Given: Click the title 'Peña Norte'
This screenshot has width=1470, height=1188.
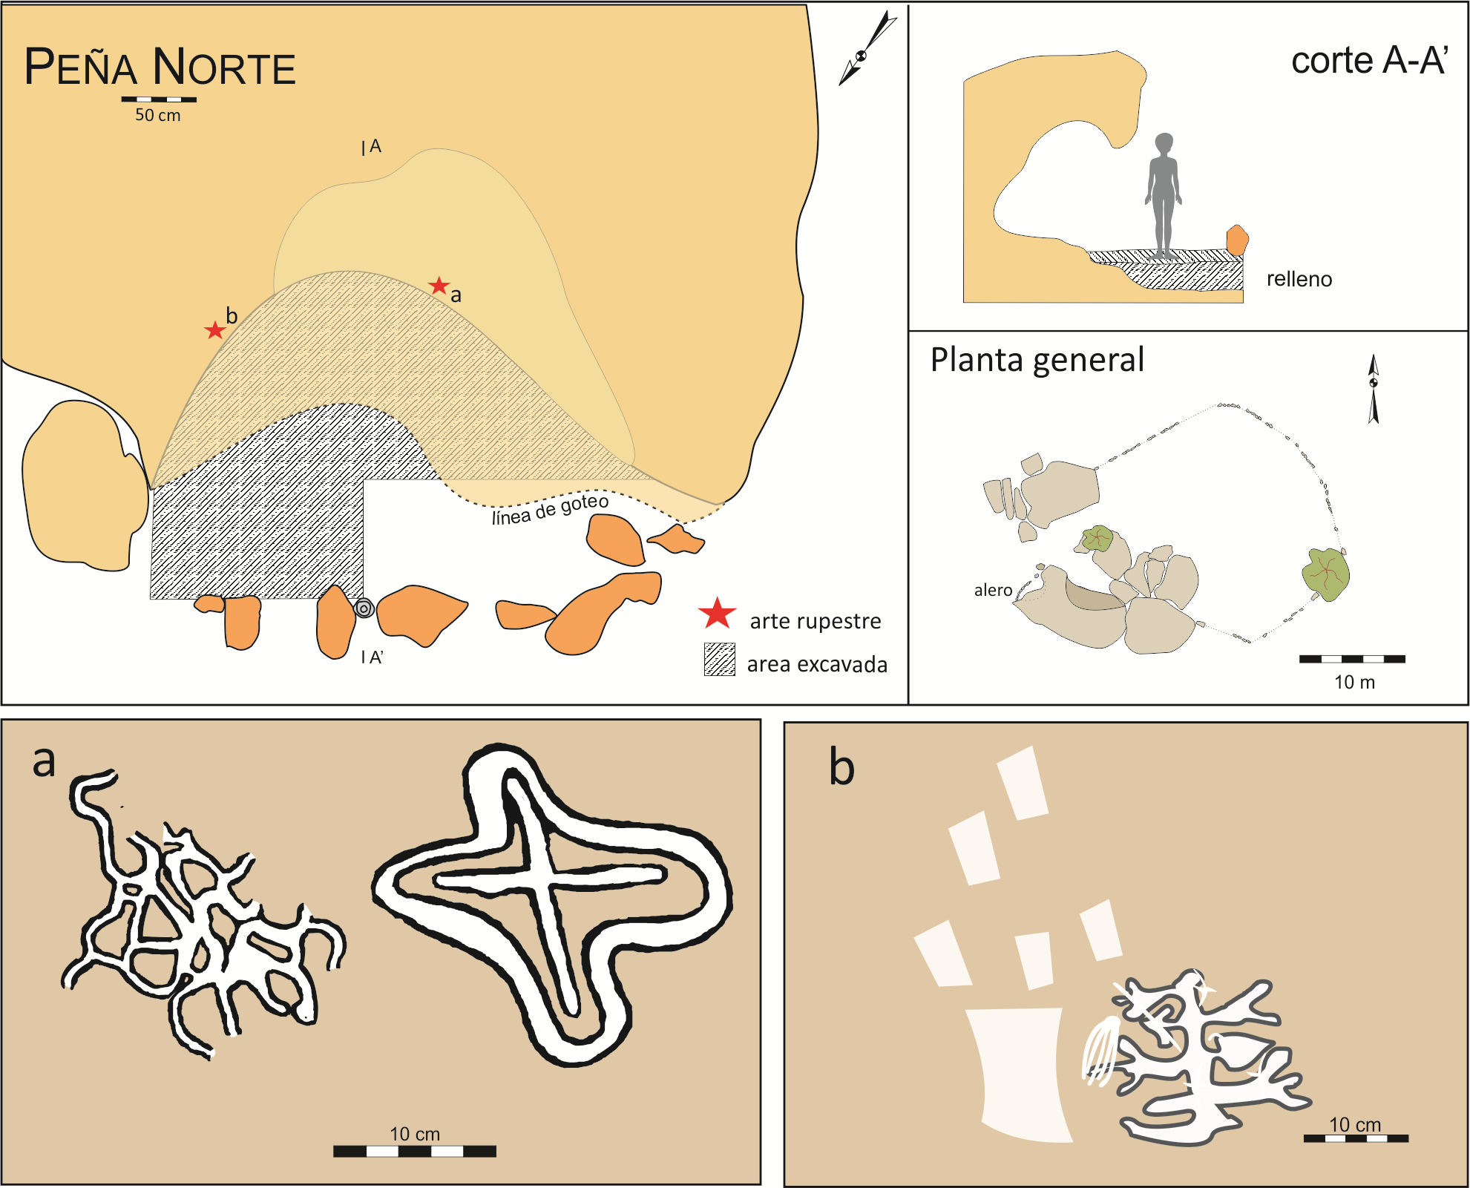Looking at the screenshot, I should pyautogui.click(x=160, y=67).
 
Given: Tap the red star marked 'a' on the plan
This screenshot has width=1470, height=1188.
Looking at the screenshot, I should pyautogui.click(x=439, y=286).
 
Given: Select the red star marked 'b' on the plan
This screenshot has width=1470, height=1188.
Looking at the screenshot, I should pyautogui.click(x=214, y=330).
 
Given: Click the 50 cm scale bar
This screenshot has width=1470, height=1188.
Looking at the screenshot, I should pyautogui.click(x=159, y=99).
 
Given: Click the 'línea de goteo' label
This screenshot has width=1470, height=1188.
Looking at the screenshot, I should pyautogui.click(x=550, y=509).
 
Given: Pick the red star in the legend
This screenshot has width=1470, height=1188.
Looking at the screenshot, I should pyautogui.click(x=717, y=614).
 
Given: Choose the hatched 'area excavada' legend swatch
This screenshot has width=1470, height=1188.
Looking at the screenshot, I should pyautogui.click(x=719, y=660).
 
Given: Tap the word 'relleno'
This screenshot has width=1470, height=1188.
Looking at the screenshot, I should pyautogui.click(x=1299, y=279).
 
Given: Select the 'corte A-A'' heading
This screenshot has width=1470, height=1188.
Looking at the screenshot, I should pyautogui.click(x=1369, y=61).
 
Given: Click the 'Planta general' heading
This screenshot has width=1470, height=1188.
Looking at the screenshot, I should pyautogui.click(x=1037, y=360).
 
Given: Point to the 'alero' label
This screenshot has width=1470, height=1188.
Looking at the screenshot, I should pyautogui.click(x=993, y=590).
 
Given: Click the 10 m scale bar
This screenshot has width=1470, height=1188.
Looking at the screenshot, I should pyautogui.click(x=1352, y=659).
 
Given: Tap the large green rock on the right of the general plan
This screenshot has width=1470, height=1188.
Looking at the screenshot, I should pyautogui.click(x=1326, y=574).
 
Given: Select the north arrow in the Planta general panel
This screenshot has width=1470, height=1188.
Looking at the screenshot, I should pyautogui.click(x=1374, y=388).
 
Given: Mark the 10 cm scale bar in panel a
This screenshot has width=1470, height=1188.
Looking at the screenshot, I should pyautogui.click(x=414, y=1151).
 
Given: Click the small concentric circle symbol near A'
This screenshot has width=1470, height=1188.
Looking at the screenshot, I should pyautogui.click(x=364, y=608).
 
